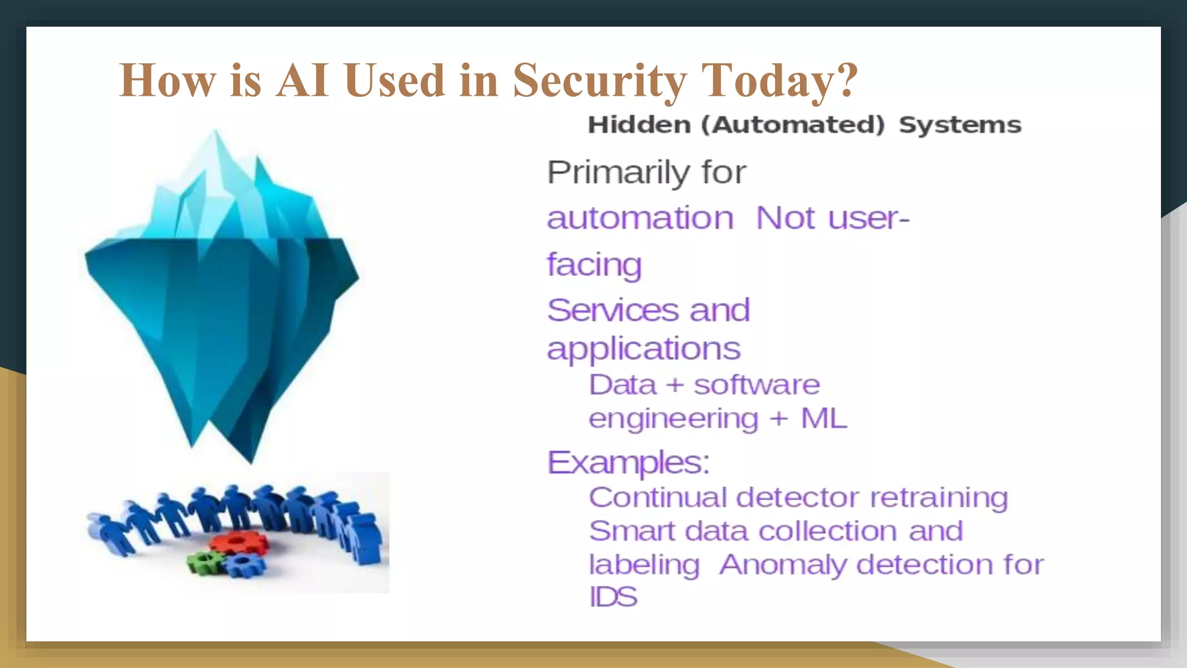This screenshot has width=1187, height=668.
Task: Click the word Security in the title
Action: pyautogui.click(x=600, y=81)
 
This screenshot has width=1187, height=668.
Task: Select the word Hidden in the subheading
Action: pyautogui.click(x=639, y=125)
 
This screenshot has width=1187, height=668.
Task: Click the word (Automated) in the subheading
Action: pyautogui.click(x=793, y=125)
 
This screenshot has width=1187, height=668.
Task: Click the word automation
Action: pyautogui.click(x=640, y=219)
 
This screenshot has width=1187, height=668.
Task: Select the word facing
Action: pyautogui.click(x=594, y=265)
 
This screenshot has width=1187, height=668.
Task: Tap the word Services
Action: pyautogui.click(x=612, y=310)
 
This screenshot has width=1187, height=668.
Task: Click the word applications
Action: pyautogui.click(x=643, y=349)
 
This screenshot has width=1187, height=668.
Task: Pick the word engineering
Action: pyautogui.click(x=673, y=419)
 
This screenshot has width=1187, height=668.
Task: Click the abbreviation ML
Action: pyautogui.click(x=824, y=418)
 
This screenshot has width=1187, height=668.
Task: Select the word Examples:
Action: pyautogui.click(x=628, y=462)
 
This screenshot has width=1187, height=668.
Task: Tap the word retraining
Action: pyautogui.click(x=939, y=498)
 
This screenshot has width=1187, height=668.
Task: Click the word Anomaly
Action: pyautogui.click(x=783, y=565)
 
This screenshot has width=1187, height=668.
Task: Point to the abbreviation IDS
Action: pyautogui.click(x=613, y=597)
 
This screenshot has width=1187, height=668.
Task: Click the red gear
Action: pyautogui.click(x=238, y=543)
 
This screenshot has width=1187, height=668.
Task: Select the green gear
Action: pyautogui.click(x=204, y=561)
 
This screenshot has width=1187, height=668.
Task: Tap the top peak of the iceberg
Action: pyautogui.click(x=216, y=133)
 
